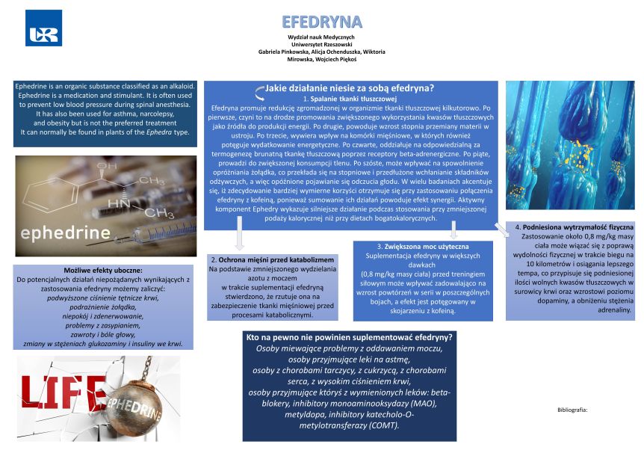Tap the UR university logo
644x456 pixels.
point(44,28)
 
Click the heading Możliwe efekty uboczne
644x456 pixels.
point(103,269)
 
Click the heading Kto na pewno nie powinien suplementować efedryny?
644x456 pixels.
point(350,338)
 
